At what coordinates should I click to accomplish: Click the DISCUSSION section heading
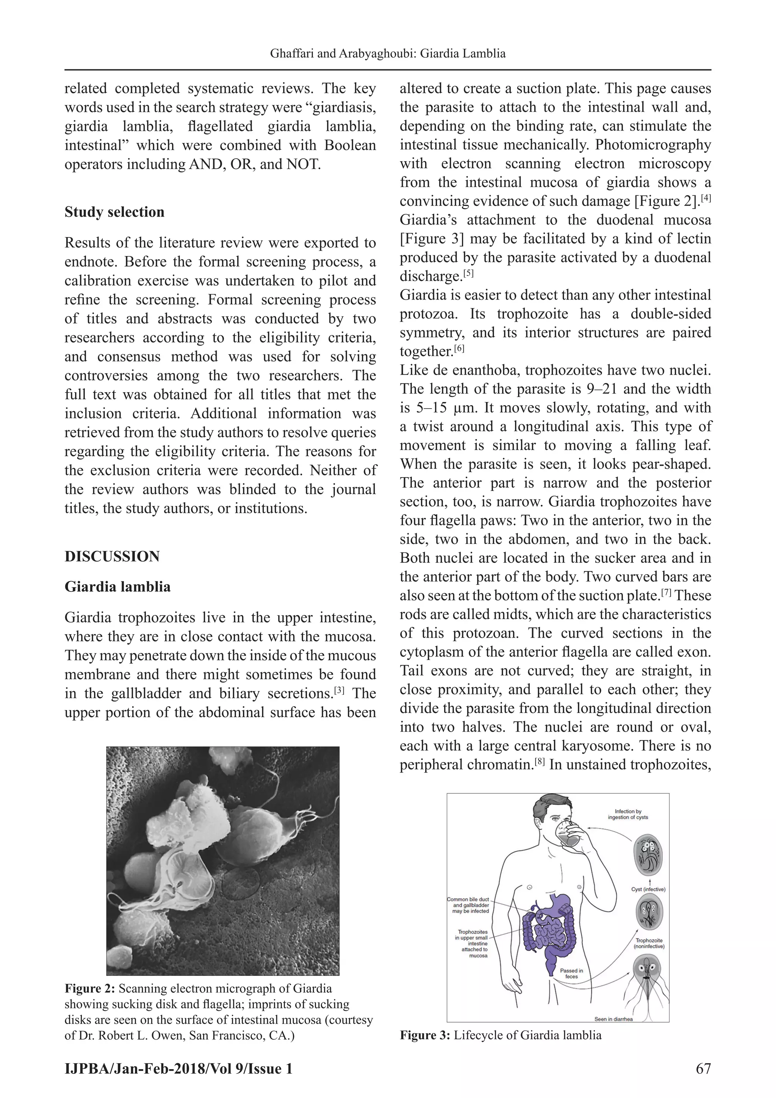point(112,556)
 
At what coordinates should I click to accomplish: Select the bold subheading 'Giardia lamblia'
point(117,587)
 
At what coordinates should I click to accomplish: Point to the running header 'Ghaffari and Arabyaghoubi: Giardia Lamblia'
point(388,53)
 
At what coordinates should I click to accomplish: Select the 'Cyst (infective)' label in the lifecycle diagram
point(648,889)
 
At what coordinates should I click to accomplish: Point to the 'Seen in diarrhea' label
point(613,1019)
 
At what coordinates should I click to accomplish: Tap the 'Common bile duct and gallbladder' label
point(469,905)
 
